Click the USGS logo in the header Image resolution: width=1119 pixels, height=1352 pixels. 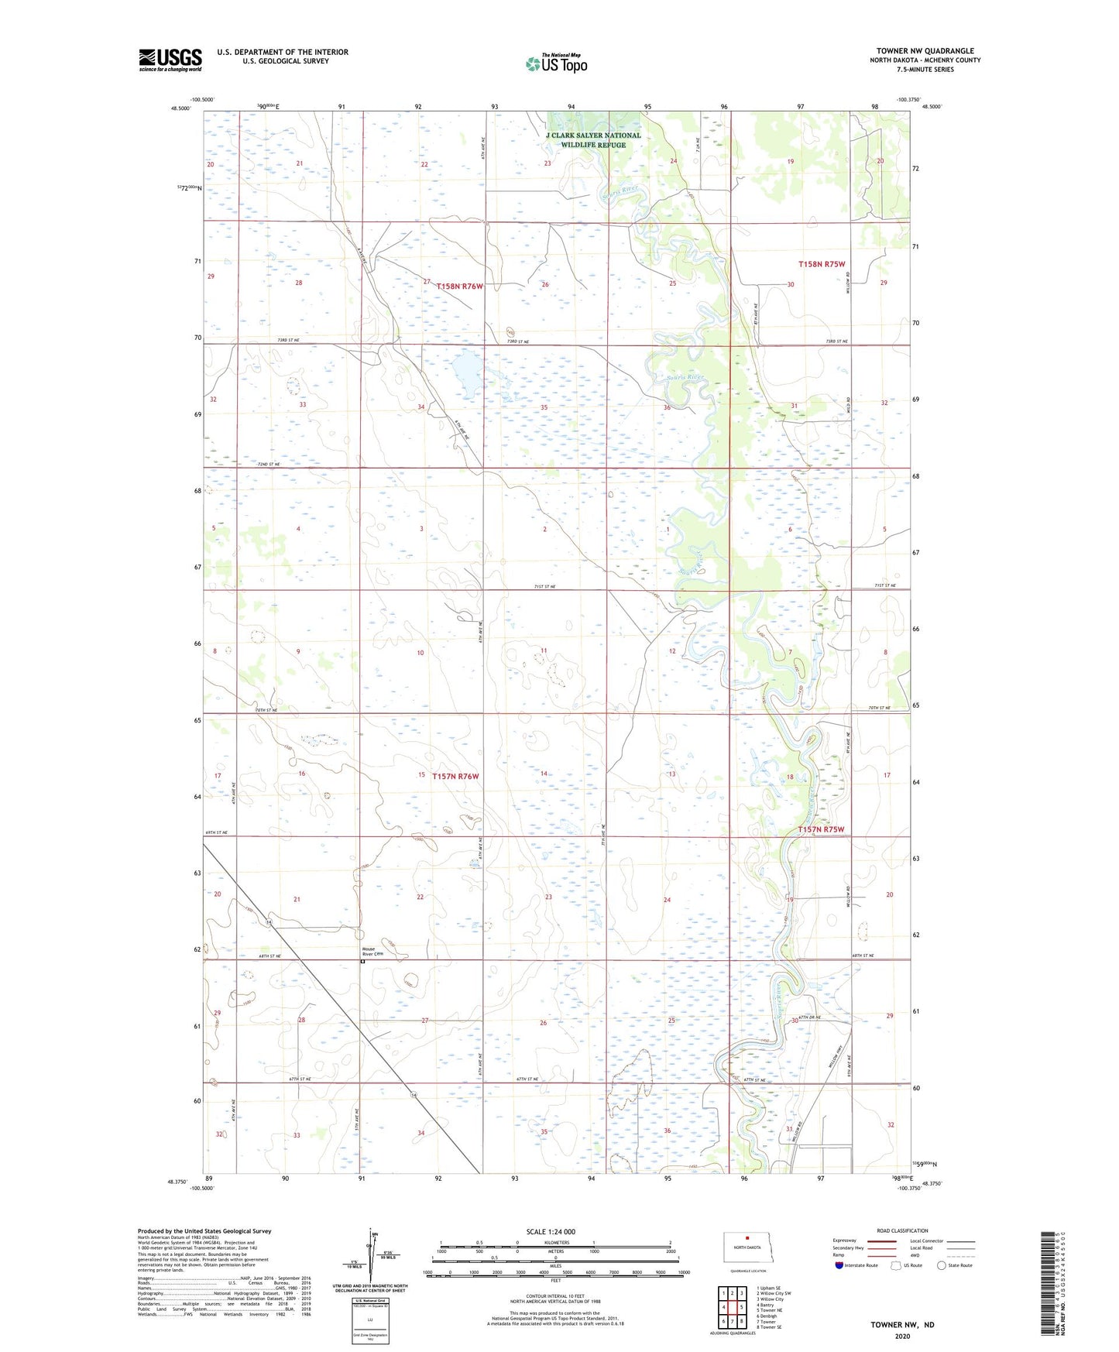point(170,60)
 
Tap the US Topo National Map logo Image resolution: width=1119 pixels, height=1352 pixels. point(555,63)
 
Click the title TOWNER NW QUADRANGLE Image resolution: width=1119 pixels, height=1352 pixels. point(925,51)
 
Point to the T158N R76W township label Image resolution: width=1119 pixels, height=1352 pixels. point(459,287)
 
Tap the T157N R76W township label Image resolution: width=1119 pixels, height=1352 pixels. point(455,776)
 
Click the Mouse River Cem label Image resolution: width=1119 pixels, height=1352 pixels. point(372,952)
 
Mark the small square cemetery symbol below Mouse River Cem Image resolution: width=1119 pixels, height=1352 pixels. point(362,963)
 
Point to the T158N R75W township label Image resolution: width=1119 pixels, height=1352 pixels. point(821,264)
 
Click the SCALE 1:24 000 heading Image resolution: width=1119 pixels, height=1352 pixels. point(550,1231)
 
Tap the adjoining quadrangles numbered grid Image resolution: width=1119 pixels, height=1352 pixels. point(731,1308)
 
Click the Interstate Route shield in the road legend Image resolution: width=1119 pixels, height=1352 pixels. point(839,1265)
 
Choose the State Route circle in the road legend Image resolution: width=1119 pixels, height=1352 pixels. point(941,1265)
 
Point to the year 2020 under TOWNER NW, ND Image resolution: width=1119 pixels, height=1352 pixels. point(902,1336)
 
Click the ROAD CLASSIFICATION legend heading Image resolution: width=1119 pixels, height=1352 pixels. point(902,1230)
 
